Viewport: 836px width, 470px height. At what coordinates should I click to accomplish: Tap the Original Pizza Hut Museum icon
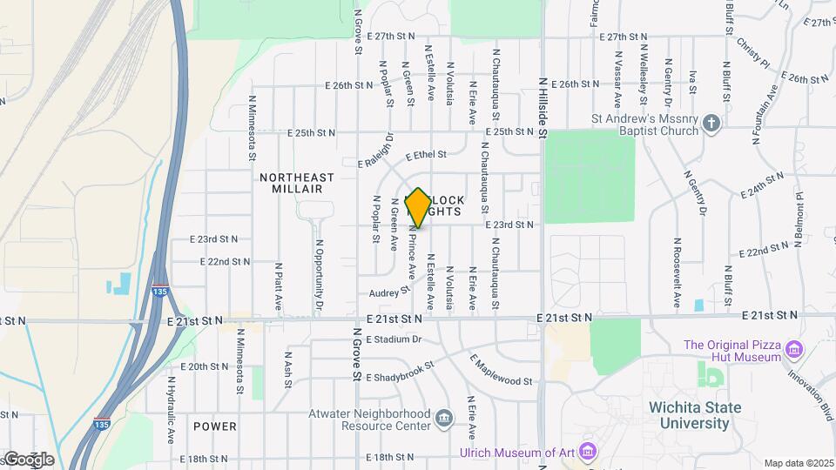pos(793,351)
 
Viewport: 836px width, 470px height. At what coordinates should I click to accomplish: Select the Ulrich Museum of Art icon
pos(588,452)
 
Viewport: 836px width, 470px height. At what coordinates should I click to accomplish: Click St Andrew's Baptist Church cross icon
pos(711,123)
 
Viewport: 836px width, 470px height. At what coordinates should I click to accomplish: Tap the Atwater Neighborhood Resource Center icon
pos(444,419)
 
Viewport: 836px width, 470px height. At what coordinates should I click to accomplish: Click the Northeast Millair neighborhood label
pos(297,183)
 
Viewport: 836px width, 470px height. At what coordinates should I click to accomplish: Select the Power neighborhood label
pos(215,426)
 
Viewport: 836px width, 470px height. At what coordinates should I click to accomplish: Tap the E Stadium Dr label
pos(394,339)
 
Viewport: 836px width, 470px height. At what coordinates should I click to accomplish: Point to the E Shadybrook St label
pos(399,372)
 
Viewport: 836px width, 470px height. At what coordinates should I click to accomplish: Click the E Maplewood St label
pos(501,370)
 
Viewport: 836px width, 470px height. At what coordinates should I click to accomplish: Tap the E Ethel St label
pos(425,155)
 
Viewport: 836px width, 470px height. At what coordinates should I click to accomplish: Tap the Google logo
pos(28,459)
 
